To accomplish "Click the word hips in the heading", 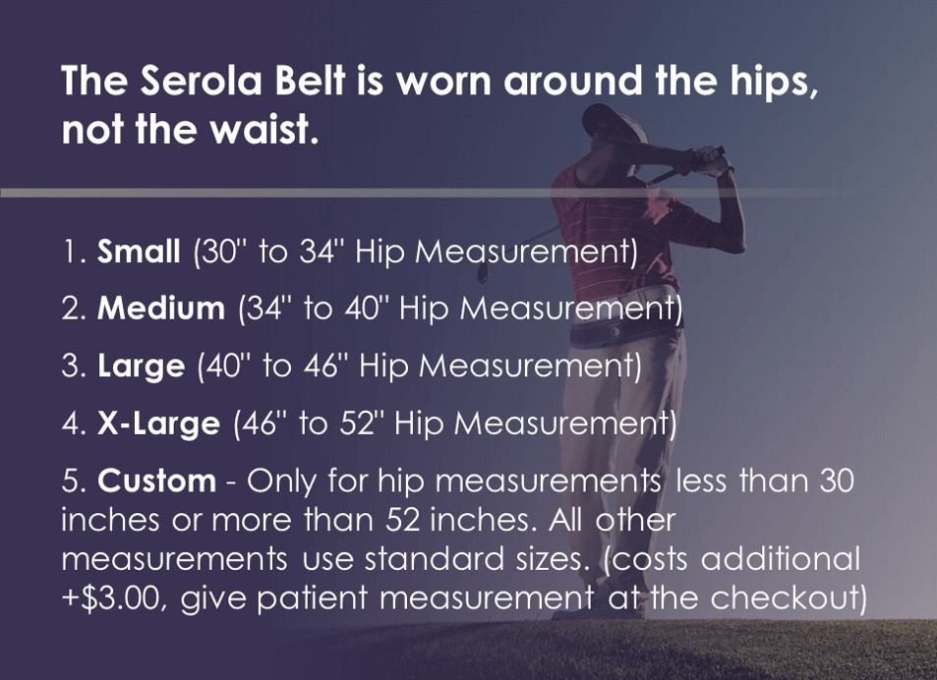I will [773, 82].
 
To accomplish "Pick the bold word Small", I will [139, 252].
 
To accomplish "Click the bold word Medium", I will [160, 309].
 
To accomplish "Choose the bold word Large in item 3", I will [141, 367].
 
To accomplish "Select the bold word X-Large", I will [158, 424].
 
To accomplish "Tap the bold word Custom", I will [156, 482].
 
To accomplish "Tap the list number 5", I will [71, 482].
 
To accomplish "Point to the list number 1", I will [71, 252].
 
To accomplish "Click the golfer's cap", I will [608, 121].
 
